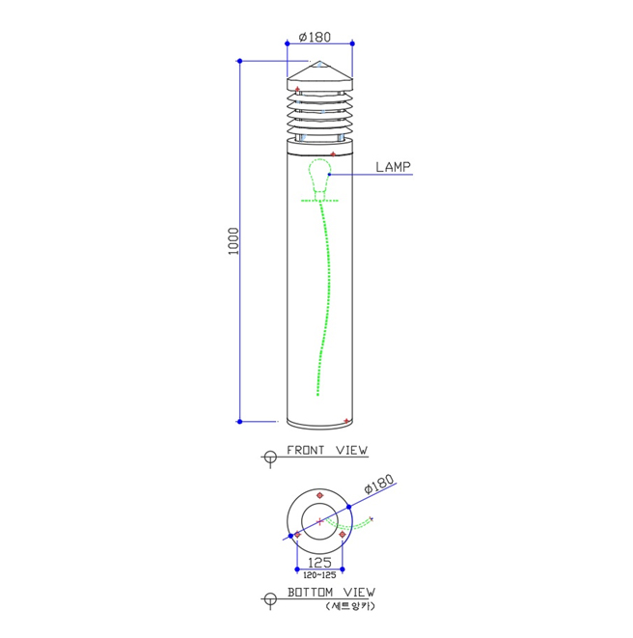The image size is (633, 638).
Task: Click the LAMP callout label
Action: pyautogui.click(x=393, y=167)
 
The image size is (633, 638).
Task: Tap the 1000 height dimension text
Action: pyautogui.click(x=234, y=241)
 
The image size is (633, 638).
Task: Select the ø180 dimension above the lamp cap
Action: pyautogui.click(x=315, y=37)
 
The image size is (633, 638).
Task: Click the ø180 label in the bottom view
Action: pyautogui.click(x=379, y=484)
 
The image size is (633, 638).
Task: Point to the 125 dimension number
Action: pyautogui.click(x=319, y=563)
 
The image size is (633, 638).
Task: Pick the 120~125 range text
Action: pyautogui.click(x=319, y=575)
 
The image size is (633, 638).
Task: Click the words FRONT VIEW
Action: pyautogui.click(x=327, y=450)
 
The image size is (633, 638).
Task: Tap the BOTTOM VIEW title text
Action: pyautogui.click(x=331, y=592)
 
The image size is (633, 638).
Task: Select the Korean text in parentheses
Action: pyautogui.click(x=350, y=606)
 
